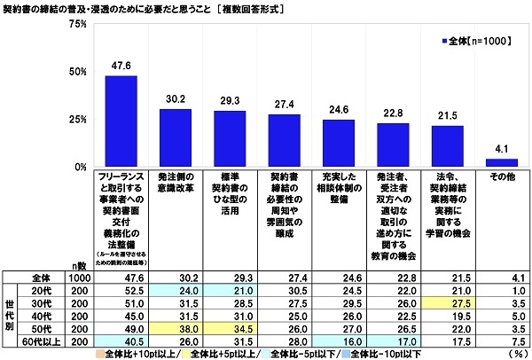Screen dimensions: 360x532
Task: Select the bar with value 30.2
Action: point(176,137)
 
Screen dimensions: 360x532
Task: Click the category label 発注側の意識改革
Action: point(176,182)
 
